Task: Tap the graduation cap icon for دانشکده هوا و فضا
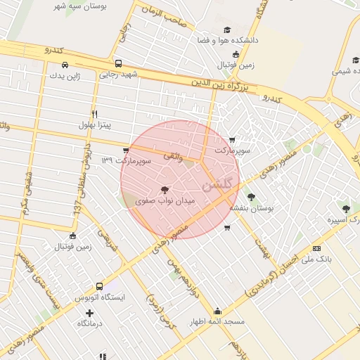[x=227, y=30]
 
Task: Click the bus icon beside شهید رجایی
[x=118, y=63]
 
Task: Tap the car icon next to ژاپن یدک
[x=54, y=73]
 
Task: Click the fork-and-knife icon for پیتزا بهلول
[x=94, y=113]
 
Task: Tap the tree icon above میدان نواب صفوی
[x=165, y=189]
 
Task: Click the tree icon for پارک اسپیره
[x=345, y=208]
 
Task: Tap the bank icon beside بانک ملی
[x=316, y=248]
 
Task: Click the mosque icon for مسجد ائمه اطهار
[x=217, y=310]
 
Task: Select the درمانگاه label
[x=89, y=323]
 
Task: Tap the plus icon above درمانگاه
[x=89, y=313]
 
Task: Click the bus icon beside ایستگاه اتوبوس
[x=99, y=286]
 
